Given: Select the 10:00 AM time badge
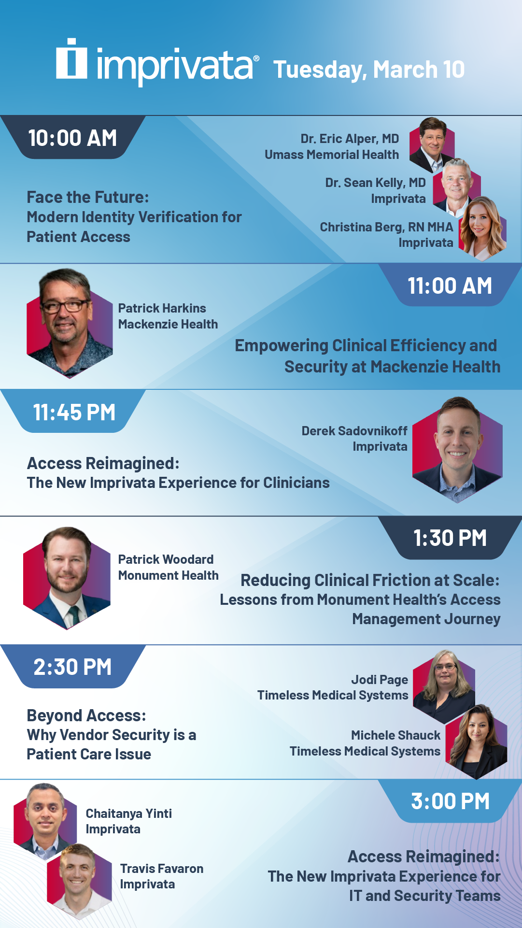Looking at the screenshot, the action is click(x=73, y=138).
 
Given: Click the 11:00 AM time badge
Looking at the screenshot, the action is click(x=450, y=286).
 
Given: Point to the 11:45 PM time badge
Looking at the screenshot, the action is click(x=74, y=412).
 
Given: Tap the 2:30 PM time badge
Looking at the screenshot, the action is click(x=73, y=667).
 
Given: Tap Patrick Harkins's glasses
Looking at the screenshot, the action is click(x=65, y=306).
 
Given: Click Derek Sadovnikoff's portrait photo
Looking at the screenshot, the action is click(x=457, y=450).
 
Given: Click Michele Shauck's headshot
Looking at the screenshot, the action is click(x=477, y=741).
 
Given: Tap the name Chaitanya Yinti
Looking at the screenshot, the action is click(x=129, y=814).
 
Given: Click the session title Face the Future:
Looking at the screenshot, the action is click(x=88, y=197).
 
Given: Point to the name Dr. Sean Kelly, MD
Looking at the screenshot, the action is click(x=376, y=183).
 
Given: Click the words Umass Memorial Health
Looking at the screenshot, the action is click(x=332, y=155).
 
